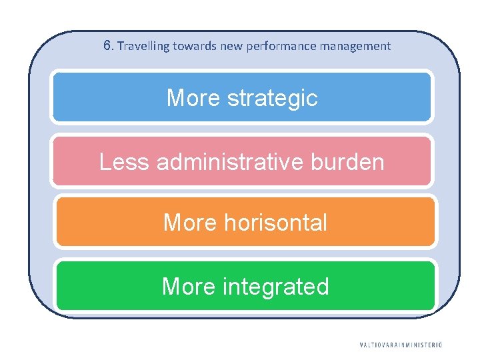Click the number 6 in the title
(107, 46)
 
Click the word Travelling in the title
(143, 47)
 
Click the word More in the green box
(189, 286)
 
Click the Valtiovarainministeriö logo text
(401, 345)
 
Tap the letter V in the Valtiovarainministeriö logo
(361, 345)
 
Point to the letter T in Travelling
(120, 46)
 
